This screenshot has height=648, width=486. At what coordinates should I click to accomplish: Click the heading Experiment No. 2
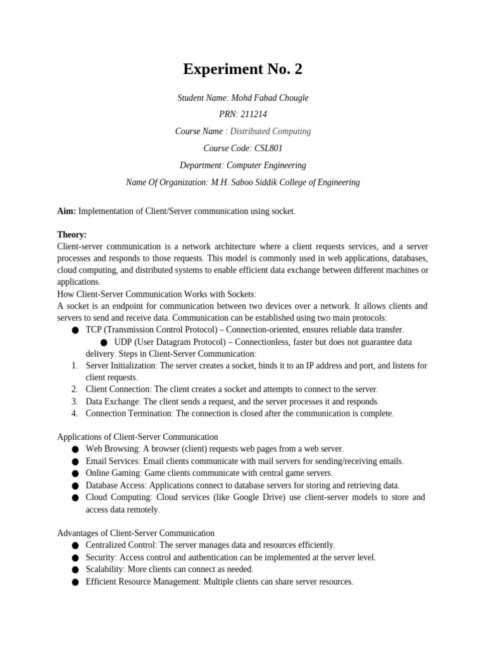[x=242, y=70]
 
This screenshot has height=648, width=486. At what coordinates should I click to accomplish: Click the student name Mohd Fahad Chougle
[x=270, y=97]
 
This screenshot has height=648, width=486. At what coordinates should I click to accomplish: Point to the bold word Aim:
[x=66, y=211]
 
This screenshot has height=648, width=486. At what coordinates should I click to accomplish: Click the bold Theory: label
[x=72, y=234]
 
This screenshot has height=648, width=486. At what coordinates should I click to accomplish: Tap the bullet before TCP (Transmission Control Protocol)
[x=75, y=330]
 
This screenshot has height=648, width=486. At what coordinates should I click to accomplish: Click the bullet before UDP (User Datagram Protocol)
[x=104, y=342]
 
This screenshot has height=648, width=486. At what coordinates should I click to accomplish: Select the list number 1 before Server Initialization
[x=74, y=366]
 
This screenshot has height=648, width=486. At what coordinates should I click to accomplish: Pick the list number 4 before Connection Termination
[x=74, y=413]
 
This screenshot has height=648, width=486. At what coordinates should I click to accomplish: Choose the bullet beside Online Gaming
[x=75, y=473]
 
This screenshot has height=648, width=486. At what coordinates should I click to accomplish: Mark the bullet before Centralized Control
[x=75, y=545]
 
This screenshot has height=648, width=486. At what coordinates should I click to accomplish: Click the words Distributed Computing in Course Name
[x=270, y=131]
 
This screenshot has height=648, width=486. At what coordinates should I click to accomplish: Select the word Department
[x=201, y=165]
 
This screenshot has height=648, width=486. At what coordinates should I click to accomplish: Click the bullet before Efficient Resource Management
[x=75, y=582]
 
